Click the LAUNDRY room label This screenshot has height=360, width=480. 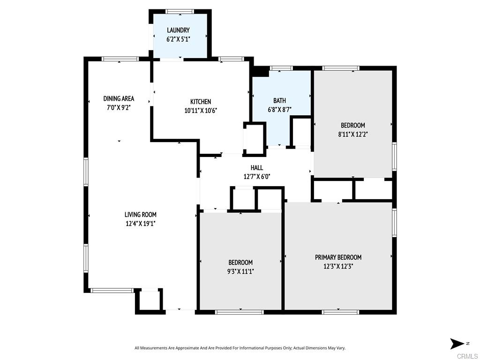click(178, 30)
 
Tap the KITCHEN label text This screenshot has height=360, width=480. click(200, 102)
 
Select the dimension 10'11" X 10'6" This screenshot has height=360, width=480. click(200, 111)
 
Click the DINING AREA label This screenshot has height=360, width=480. click(119, 98)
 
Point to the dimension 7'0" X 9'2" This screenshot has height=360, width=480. click(119, 107)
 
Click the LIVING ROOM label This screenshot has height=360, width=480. click(140, 215)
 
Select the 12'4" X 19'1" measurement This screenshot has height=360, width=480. click(140, 224)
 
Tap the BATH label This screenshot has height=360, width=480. click(279, 101)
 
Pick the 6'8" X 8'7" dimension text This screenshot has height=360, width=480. click(279, 110)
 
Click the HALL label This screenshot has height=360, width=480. click(256, 168)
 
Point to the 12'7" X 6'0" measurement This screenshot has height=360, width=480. click(256, 177)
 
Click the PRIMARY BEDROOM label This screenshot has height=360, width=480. click(338, 257)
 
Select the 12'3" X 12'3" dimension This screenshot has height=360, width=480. click(338, 266)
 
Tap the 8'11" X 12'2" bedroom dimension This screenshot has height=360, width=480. click(352, 134)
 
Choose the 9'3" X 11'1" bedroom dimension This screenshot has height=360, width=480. click(240, 271)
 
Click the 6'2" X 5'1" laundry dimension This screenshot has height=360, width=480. click(178, 39)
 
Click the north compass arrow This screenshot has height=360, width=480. click(457, 344)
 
